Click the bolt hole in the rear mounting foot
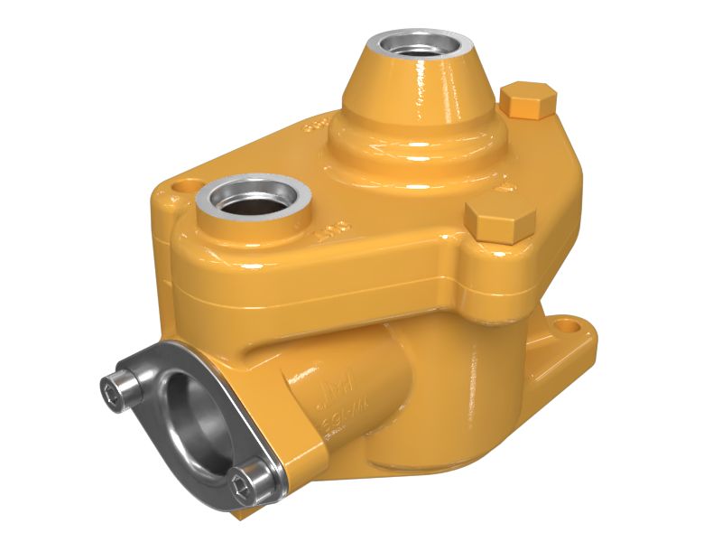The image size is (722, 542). (566, 322)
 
